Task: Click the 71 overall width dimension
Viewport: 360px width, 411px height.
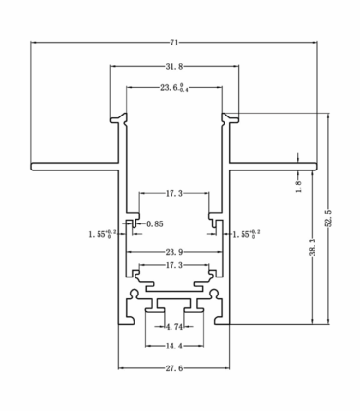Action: [x=174, y=43]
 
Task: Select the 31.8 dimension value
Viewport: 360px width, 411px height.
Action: [x=174, y=66]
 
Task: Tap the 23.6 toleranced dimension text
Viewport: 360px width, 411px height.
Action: [x=174, y=88]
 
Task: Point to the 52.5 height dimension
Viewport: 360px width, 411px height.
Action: [x=329, y=219]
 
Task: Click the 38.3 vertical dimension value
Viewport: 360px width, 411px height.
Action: [x=312, y=247]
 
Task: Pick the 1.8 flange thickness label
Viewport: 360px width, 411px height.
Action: [x=298, y=187]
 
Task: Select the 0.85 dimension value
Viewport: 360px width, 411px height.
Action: [x=154, y=224]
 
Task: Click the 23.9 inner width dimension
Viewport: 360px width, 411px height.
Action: [x=174, y=252]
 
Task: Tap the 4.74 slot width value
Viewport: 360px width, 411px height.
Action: [x=174, y=327]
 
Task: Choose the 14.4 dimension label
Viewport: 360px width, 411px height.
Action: [x=174, y=346]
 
